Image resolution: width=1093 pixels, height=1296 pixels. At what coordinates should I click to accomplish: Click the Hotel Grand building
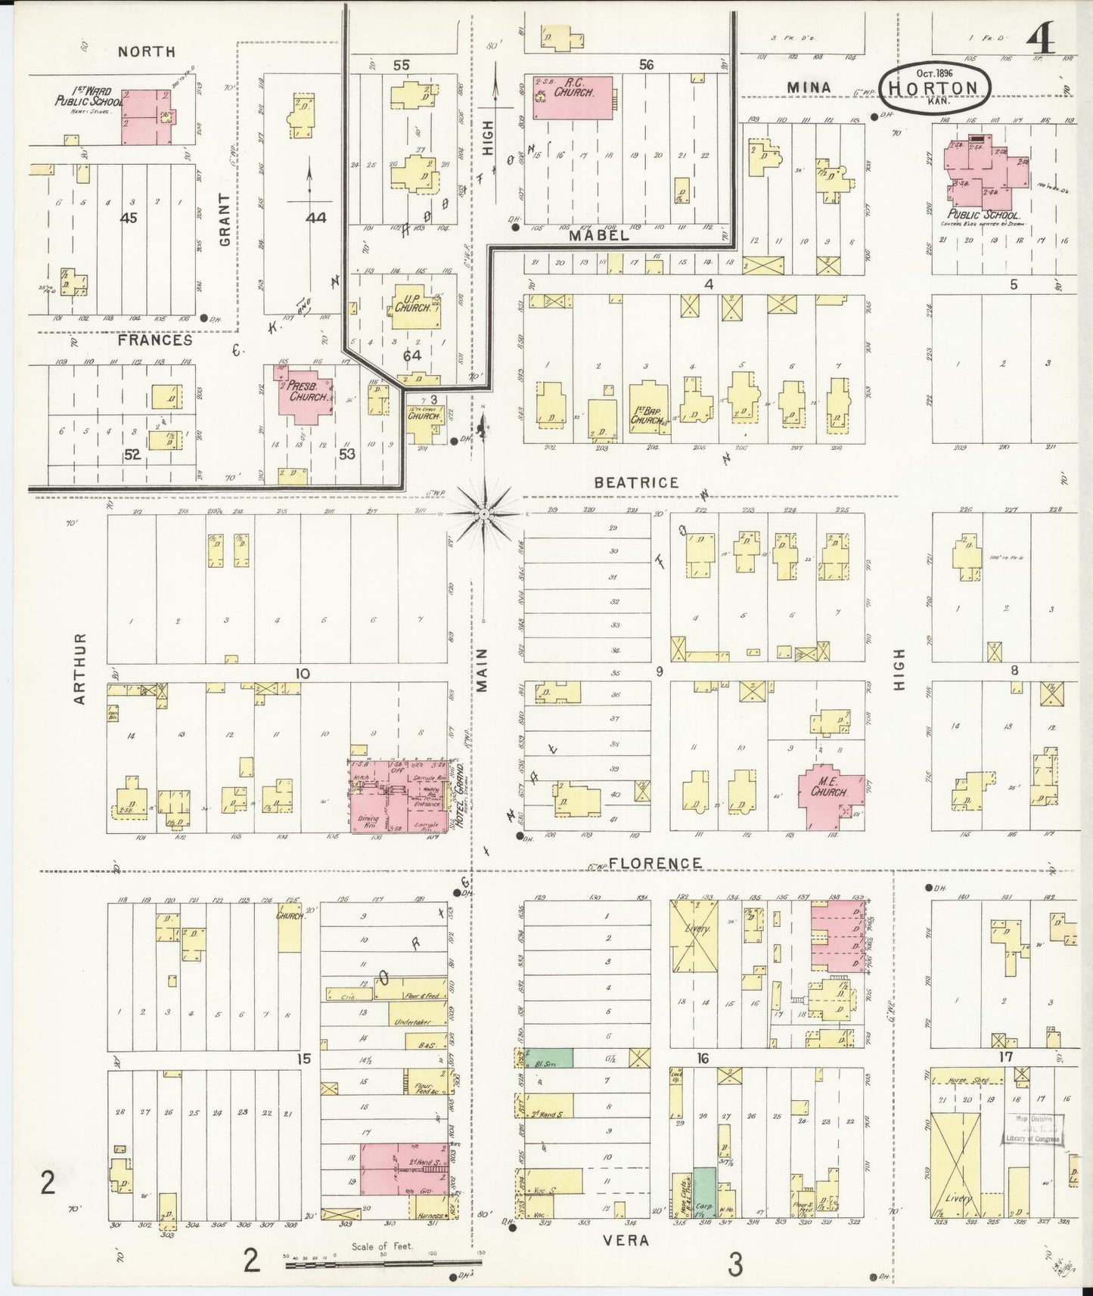(x=398, y=798)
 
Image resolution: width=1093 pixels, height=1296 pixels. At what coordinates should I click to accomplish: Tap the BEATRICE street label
(x=635, y=482)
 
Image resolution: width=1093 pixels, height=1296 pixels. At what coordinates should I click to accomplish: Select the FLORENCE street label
(x=655, y=863)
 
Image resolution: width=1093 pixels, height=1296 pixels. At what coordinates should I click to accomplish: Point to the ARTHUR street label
(x=80, y=668)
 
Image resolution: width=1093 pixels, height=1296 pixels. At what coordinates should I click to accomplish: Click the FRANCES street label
(x=154, y=340)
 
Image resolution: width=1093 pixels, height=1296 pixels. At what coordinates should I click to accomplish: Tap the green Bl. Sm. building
(x=549, y=1057)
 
